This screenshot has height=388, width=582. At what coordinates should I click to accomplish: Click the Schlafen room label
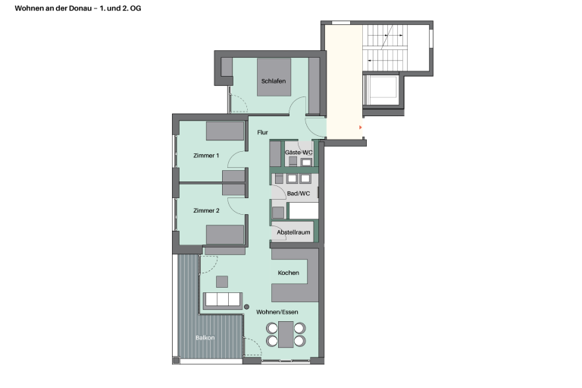(274, 81)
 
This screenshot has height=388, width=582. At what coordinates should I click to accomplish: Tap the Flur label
(262, 132)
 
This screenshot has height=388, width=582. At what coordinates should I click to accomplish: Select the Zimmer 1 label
(206, 156)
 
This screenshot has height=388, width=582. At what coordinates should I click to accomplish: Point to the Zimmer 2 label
(206, 210)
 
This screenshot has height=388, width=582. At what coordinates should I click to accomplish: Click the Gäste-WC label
(299, 153)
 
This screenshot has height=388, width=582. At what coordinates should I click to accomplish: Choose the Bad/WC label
(299, 194)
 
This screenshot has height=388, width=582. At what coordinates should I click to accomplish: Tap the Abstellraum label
(293, 232)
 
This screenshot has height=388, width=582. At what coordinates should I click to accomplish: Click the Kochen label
(289, 273)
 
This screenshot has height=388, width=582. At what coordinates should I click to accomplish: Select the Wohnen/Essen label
(277, 312)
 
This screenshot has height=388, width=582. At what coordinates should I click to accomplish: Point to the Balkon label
(205, 338)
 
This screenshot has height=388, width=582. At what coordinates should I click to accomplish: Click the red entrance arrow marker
(360, 128)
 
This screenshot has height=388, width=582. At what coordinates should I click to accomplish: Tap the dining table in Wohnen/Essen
(286, 334)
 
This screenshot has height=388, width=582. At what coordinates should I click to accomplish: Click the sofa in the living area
(223, 301)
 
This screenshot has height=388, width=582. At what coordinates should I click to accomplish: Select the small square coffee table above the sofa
(222, 282)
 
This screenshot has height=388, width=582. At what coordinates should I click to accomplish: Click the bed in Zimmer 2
(225, 235)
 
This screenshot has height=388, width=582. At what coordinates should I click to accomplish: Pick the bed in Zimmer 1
(225, 131)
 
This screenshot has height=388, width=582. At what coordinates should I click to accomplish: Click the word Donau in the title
(83, 8)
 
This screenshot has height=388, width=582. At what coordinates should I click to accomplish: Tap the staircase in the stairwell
(385, 48)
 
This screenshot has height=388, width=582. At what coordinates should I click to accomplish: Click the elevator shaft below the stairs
(382, 90)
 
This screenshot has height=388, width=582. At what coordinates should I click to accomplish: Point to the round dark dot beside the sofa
(247, 307)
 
